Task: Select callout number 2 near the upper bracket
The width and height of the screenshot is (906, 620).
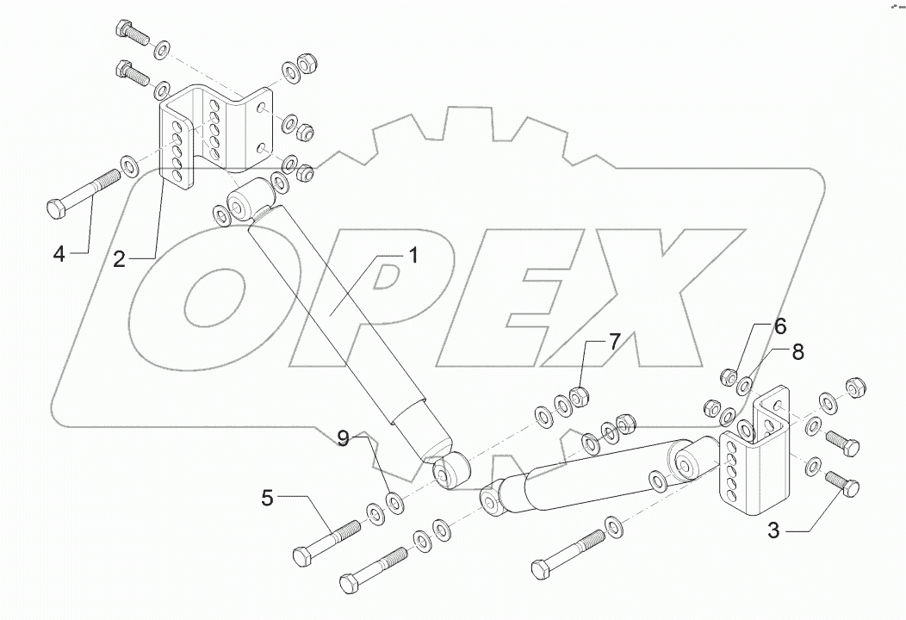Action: pyautogui.click(x=120, y=257)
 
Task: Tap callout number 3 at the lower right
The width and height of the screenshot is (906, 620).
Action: pyautogui.click(x=773, y=531)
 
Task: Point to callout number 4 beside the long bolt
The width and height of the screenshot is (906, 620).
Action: pyautogui.click(x=59, y=253)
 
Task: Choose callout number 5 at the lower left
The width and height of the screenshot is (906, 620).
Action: pyautogui.click(x=268, y=497)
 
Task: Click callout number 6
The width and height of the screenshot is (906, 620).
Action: pyautogui.click(x=779, y=326)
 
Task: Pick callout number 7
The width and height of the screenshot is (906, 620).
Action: pyautogui.click(x=614, y=341)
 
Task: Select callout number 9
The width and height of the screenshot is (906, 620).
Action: pyautogui.click(x=343, y=440)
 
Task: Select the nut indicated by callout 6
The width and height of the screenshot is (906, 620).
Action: pyautogui.click(x=728, y=376)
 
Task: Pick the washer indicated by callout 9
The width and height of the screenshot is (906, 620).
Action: pyautogui.click(x=394, y=501)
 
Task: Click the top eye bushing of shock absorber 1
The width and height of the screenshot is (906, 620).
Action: pyautogui.click(x=245, y=201)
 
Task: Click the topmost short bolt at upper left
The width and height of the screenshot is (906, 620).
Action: pyautogui.click(x=130, y=34)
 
